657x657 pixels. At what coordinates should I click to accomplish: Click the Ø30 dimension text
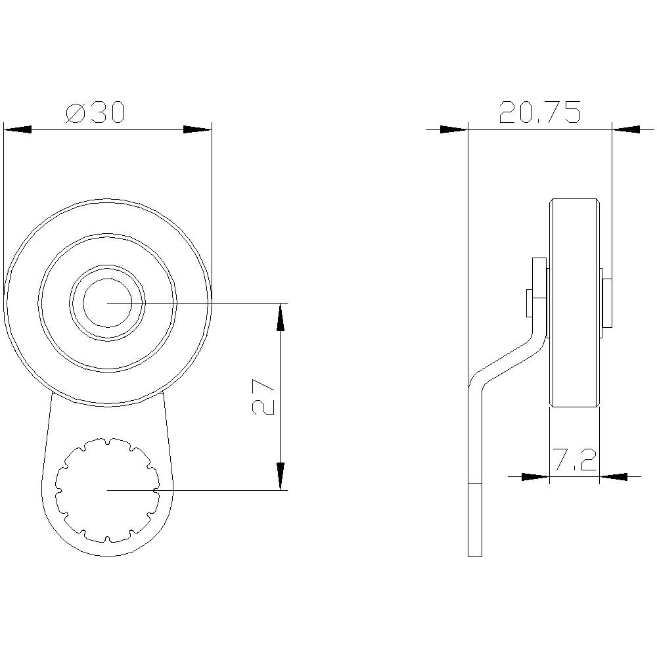95,113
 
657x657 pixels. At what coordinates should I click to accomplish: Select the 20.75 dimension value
539,112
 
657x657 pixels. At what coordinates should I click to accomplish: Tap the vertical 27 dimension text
263,396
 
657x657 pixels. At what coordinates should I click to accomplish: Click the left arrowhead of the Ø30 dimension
18,130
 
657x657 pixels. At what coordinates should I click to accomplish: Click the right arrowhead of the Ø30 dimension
196,130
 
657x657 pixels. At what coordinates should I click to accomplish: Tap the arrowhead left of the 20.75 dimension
453,130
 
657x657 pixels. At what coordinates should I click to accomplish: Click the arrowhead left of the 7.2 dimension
534,476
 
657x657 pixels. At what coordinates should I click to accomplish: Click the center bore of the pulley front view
107,302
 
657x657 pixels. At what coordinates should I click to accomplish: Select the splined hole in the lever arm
107,489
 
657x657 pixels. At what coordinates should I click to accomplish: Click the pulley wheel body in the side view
574,302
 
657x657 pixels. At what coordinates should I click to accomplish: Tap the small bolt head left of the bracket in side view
529,302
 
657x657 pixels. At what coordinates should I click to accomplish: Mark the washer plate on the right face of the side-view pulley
607,302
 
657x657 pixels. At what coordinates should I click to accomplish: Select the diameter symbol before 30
76,113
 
